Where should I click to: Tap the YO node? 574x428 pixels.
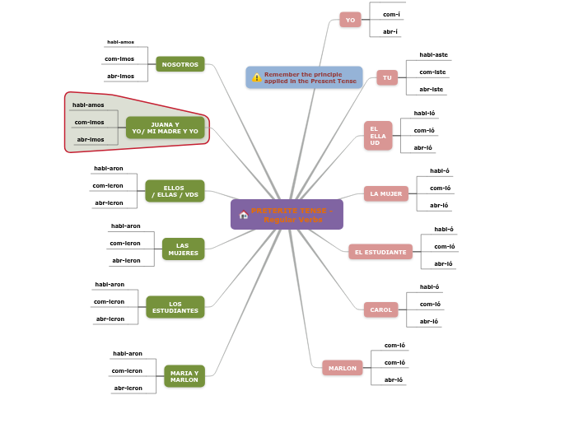[350, 20]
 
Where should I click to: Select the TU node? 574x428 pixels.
[387, 77]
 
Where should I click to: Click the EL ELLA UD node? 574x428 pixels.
[378, 136]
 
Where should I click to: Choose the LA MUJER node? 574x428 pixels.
[385, 193]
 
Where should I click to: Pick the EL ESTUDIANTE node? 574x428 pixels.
[380, 252]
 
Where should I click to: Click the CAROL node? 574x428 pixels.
[380, 309]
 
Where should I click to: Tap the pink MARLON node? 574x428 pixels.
[343, 368]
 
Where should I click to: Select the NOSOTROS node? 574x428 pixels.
[180, 64]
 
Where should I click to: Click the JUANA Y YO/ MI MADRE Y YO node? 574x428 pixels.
[165, 128]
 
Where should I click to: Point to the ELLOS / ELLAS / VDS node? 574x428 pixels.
[175, 191]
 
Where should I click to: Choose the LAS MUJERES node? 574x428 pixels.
[183, 249]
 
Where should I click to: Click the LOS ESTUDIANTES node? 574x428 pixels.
[175, 307]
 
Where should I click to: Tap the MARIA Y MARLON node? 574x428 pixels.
[184, 376]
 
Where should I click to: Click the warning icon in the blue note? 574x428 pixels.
[256, 77]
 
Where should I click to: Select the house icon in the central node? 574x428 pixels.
[243, 215]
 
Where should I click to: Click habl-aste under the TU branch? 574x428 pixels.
[433, 55]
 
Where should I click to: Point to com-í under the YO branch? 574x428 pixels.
[391, 14]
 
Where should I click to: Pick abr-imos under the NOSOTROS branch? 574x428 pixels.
[120, 76]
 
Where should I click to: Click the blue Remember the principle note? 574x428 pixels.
[304, 77]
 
